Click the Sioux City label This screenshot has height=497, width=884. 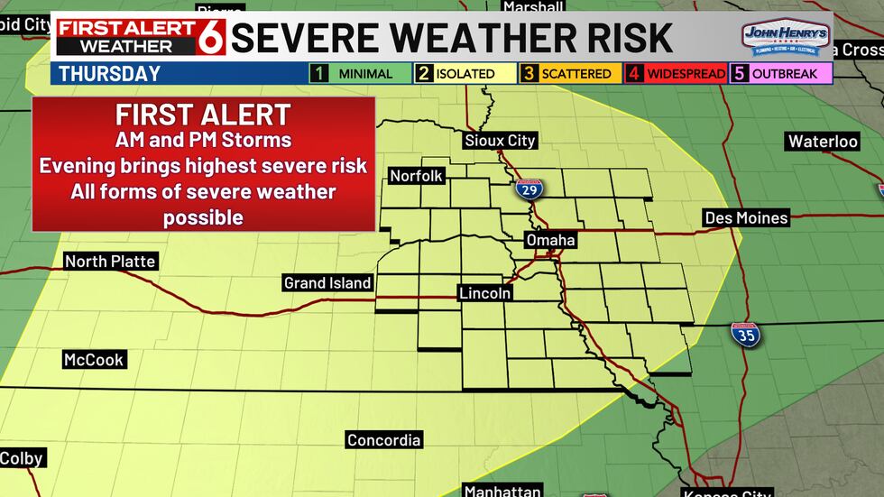(x=500, y=141)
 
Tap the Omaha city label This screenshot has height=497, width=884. (x=550, y=241)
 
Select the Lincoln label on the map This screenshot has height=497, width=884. (x=484, y=293)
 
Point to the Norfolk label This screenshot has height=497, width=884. (x=416, y=176)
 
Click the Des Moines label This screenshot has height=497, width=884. (x=746, y=217)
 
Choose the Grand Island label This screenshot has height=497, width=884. (x=327, y=283)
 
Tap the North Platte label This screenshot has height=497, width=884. (x=111, y=262)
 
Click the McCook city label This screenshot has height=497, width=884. (x=93, y=360)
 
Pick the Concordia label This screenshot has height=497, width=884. (x=383, y=440)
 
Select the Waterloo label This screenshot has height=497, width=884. (x=822, y=142)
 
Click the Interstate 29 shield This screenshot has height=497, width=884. (x=529, y=189)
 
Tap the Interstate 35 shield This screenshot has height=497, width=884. (x=745, y=334)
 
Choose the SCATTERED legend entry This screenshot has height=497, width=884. (x=568, y=74)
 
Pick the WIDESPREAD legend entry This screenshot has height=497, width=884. (x=676, y=74)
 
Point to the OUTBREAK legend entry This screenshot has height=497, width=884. (x=782, y=74)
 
